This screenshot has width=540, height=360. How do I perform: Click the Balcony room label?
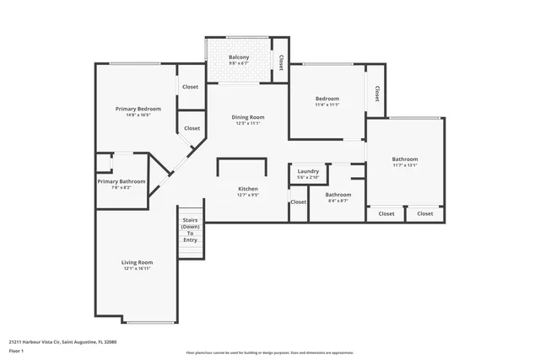click(x=239, y=57)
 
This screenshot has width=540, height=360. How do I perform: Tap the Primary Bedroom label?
click(x=138, y=109)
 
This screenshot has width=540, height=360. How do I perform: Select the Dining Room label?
click(x=249, y=117)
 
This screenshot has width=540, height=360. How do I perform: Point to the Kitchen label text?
click(x=247, y=189)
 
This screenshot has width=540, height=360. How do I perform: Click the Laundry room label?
click(x=308, y=171)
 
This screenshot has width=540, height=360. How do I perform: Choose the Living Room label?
click(x=138, y=262)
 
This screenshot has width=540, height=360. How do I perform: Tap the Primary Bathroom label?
click(x=121, y=181)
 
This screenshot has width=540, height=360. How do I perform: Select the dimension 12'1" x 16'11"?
click(x=138, y=270)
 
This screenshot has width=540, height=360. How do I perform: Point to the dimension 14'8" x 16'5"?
click(x=138, y=116)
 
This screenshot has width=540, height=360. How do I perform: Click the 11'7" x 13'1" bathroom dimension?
click(x=404, y=166)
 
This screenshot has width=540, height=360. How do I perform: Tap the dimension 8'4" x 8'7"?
click(x=337, y=201)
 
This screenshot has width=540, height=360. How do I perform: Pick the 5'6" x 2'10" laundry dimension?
click(x=308, y=178)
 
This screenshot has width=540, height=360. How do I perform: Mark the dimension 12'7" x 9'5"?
click(x=247, y=196)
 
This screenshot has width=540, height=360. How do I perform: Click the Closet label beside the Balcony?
click(x=280, y=62)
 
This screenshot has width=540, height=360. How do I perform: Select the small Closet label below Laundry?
click(x=299, y=202)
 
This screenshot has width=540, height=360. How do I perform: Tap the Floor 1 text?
click(x=16, y=350)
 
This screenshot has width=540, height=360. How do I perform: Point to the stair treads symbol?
click(x=191, y=245)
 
